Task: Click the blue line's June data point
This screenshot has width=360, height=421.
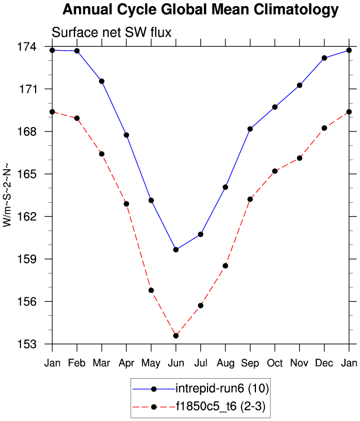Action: [x=176, y=249]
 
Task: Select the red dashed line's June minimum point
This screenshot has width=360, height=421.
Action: [x=176, y=336]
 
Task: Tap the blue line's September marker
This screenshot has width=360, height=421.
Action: [x=250, y=129]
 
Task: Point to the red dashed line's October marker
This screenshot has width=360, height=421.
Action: [x=275, y=171]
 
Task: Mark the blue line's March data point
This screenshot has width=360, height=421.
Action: [x=102, y=81]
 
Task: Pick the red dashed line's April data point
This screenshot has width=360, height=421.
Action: [x=126, y=204]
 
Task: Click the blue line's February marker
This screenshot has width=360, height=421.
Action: [x=77, y=51]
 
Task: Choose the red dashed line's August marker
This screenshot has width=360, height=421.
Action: [x=225, y=266]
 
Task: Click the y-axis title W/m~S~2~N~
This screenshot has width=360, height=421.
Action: [x=7, y=195]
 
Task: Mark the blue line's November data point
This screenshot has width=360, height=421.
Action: [x=300, y=85]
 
